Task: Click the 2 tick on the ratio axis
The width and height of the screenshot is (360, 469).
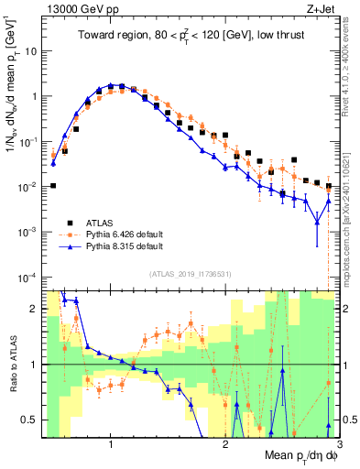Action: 33,309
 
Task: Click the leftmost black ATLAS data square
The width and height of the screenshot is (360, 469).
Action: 53,186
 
